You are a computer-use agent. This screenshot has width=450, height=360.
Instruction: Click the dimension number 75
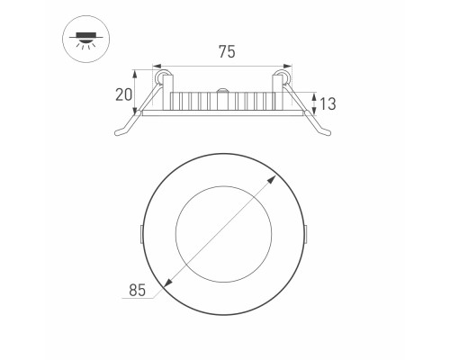point(225,52)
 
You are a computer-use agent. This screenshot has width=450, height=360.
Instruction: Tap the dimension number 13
point(326,103)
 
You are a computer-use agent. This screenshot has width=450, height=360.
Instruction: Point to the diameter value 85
point(136,290)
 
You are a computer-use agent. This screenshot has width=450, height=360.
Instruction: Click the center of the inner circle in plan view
point(224,235)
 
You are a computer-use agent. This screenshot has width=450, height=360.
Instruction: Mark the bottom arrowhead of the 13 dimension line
point(313,112)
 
